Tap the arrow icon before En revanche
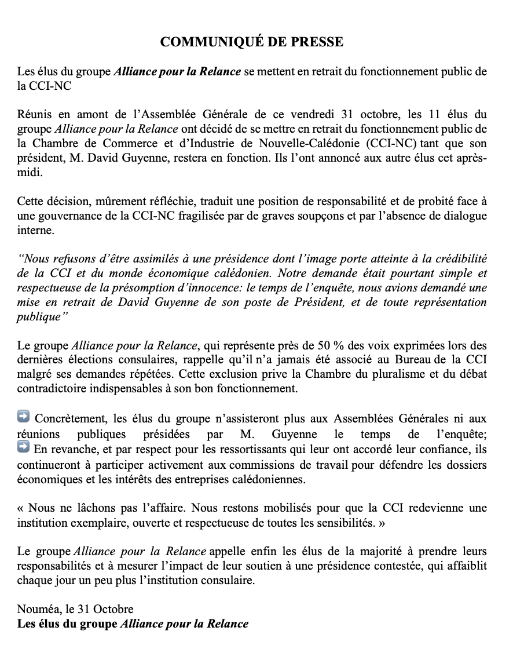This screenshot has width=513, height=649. [24, 447]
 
